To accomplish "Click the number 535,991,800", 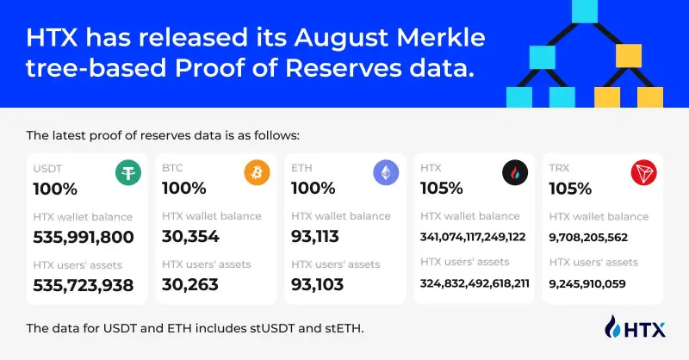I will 83,237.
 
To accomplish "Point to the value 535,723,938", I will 83,285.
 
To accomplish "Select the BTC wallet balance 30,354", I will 190,237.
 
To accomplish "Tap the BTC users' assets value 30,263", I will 190,285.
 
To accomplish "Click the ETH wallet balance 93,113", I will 319,237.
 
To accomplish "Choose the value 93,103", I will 319,285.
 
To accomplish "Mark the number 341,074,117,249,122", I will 473,237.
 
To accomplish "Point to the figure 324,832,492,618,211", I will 473,282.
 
